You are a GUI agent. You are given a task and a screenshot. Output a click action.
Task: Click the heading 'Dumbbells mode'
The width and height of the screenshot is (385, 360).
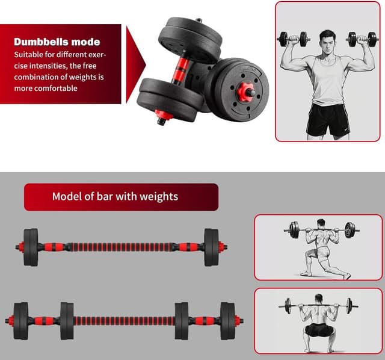tap(57, 42)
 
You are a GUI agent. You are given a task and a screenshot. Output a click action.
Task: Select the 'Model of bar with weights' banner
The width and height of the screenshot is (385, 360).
tap(121, 197)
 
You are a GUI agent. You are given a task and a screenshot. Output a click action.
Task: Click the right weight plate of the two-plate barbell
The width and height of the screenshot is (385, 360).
tap(211, 247)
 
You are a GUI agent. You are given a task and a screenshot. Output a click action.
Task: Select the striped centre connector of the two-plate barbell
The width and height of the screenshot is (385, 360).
tap(120, 247)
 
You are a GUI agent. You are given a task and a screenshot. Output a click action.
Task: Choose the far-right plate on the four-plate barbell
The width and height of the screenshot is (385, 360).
tap(227, 320)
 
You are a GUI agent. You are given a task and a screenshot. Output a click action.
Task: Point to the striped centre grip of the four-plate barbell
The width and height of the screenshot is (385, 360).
tap(124, 320)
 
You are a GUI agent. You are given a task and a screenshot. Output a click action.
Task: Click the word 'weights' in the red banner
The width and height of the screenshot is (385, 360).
tap(157, 197)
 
